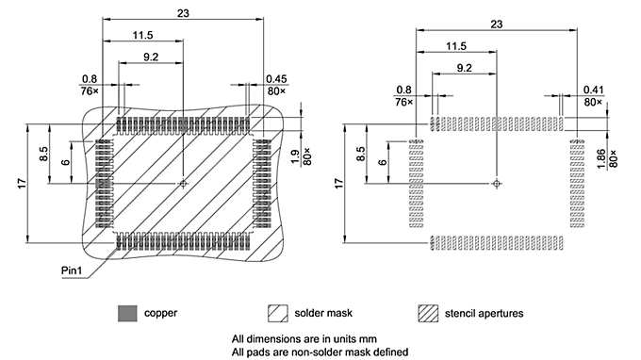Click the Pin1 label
point(72,270)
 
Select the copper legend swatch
point(127,314)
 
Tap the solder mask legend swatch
point(278,314)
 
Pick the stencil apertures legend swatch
point(428,314)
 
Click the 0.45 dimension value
point(276,79)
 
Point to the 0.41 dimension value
point(593,90)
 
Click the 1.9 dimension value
point(296,156)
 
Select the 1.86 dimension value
point(600,158)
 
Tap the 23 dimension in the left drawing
point(183,13)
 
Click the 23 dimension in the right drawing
point(496,25)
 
